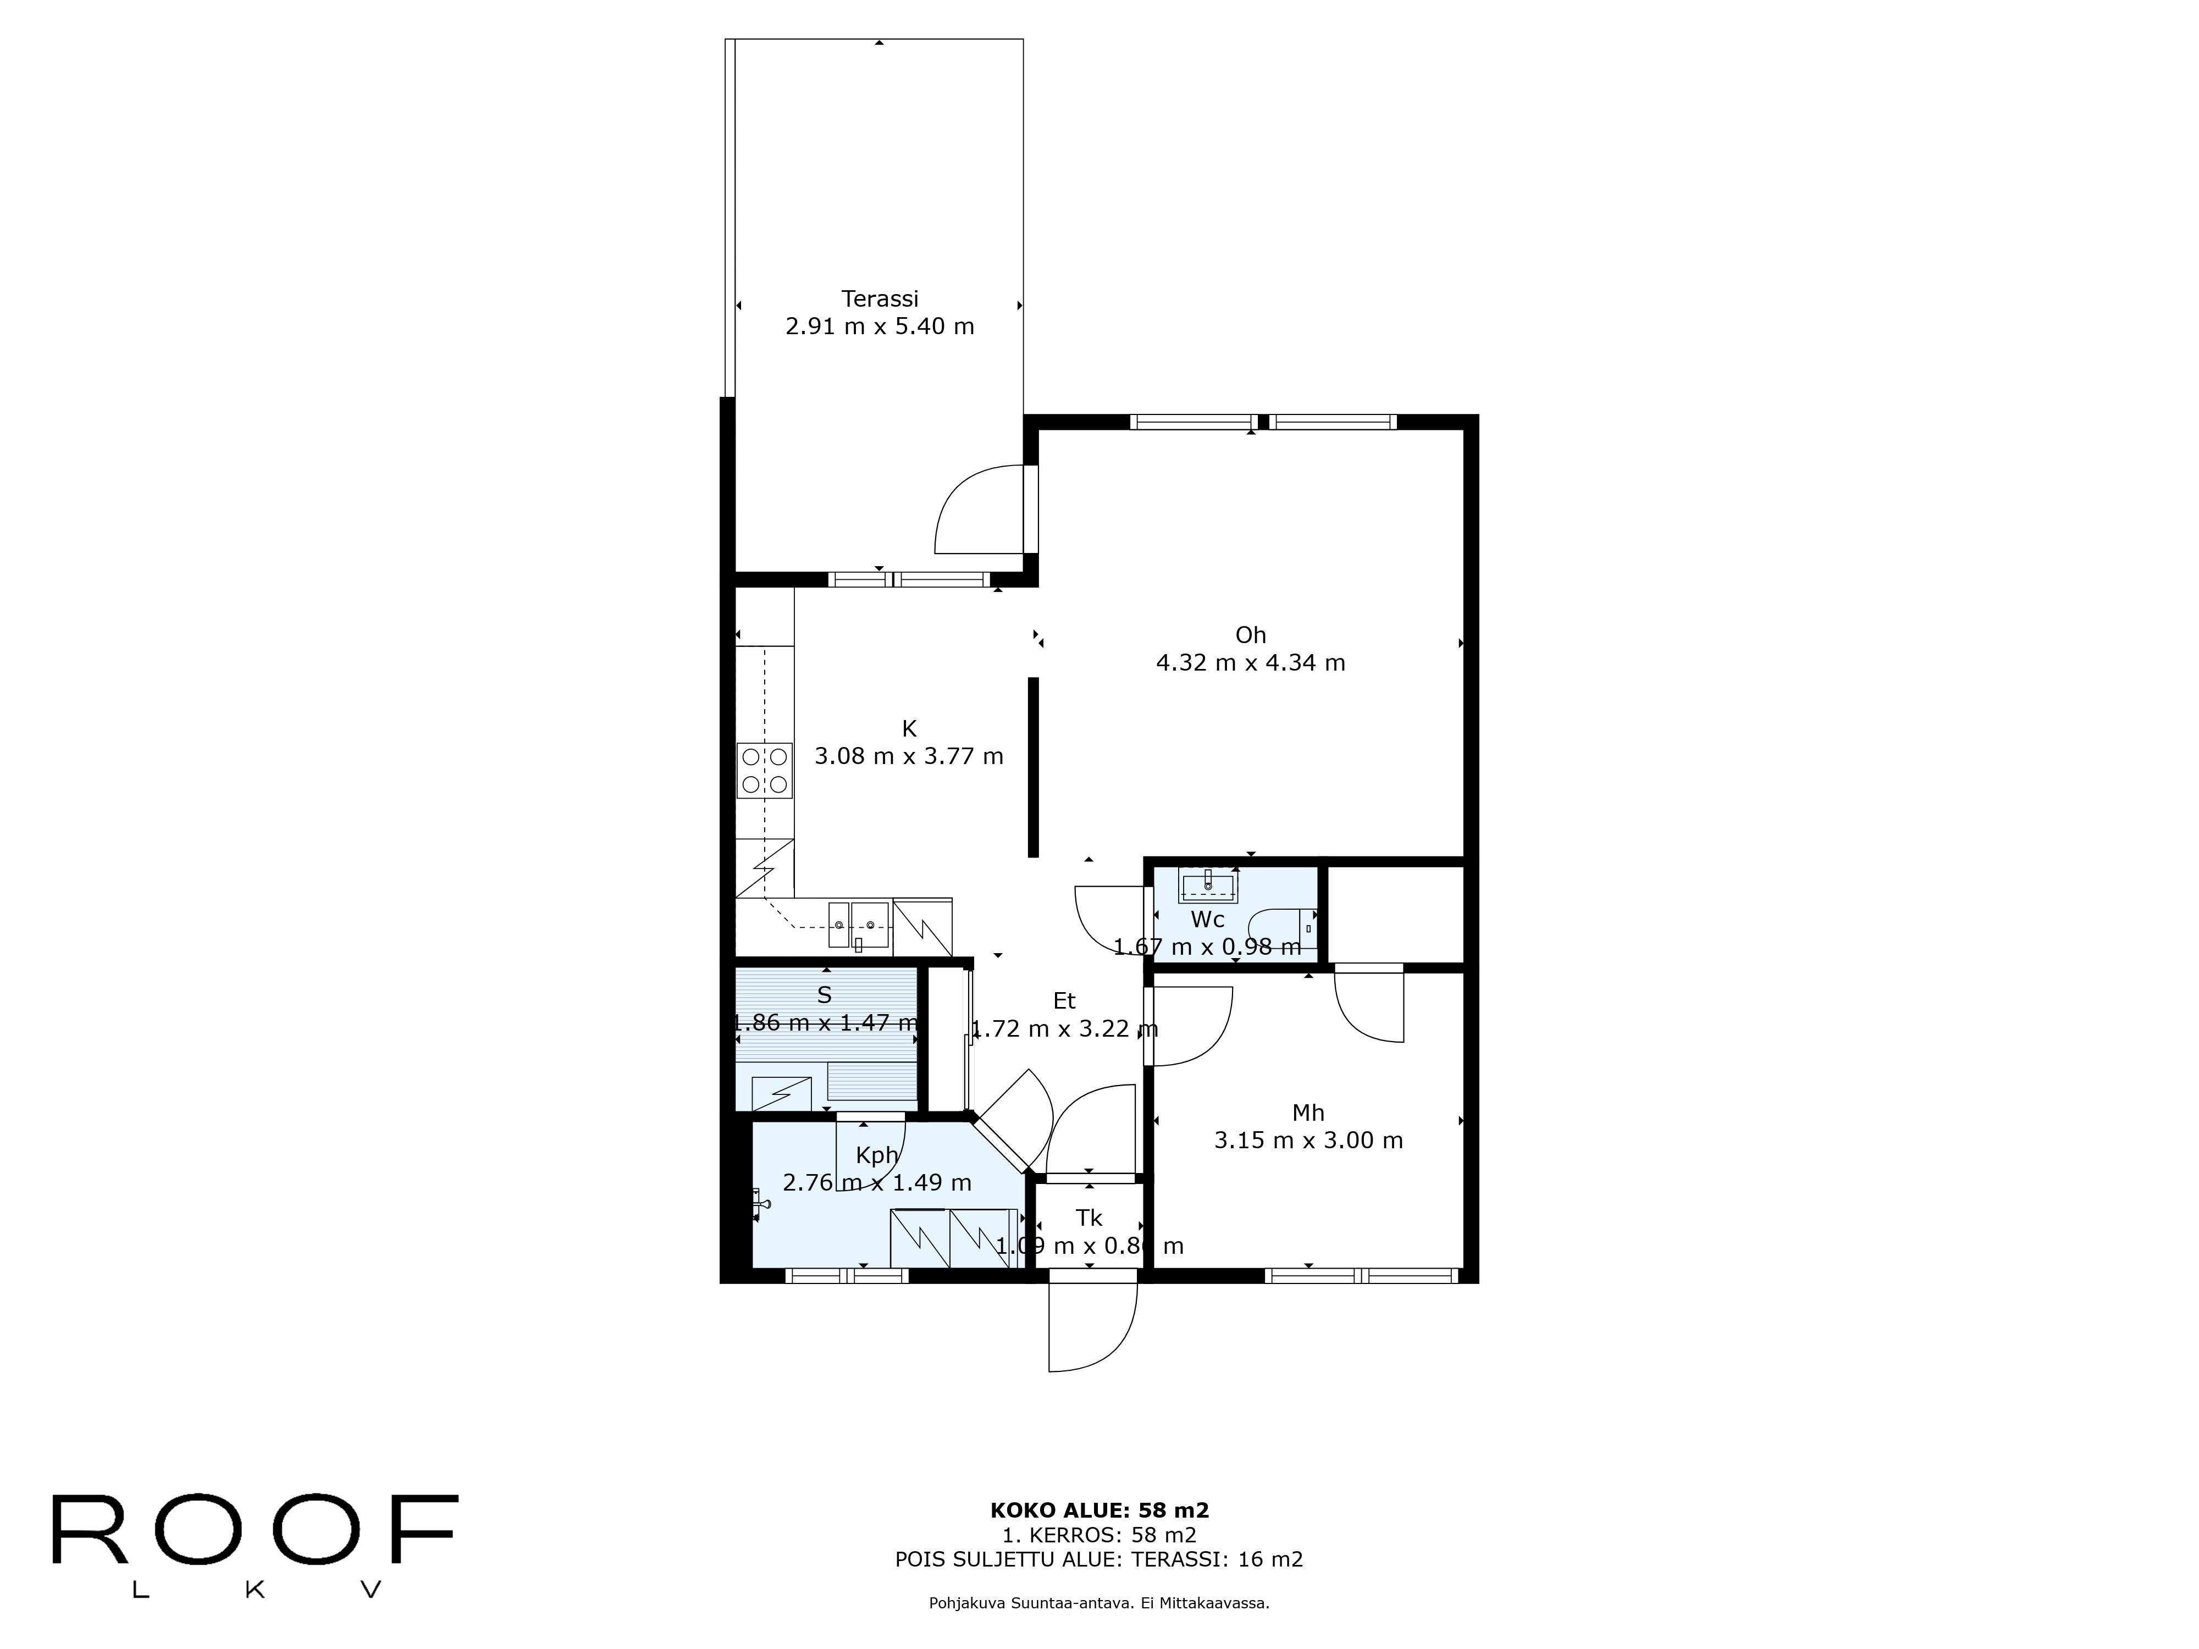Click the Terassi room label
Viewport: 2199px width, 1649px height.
pyautogui.click(x=879, y=298)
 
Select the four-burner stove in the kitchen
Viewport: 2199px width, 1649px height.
pyautogui.click(x=765, y=770)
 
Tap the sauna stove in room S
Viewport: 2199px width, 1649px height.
pyautogui.click(x=781, y=1093)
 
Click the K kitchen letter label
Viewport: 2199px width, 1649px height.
pyautogui.click(x=909, y=728)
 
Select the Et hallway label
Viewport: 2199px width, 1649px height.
pyautogui.click(x=1064, y=1001)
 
